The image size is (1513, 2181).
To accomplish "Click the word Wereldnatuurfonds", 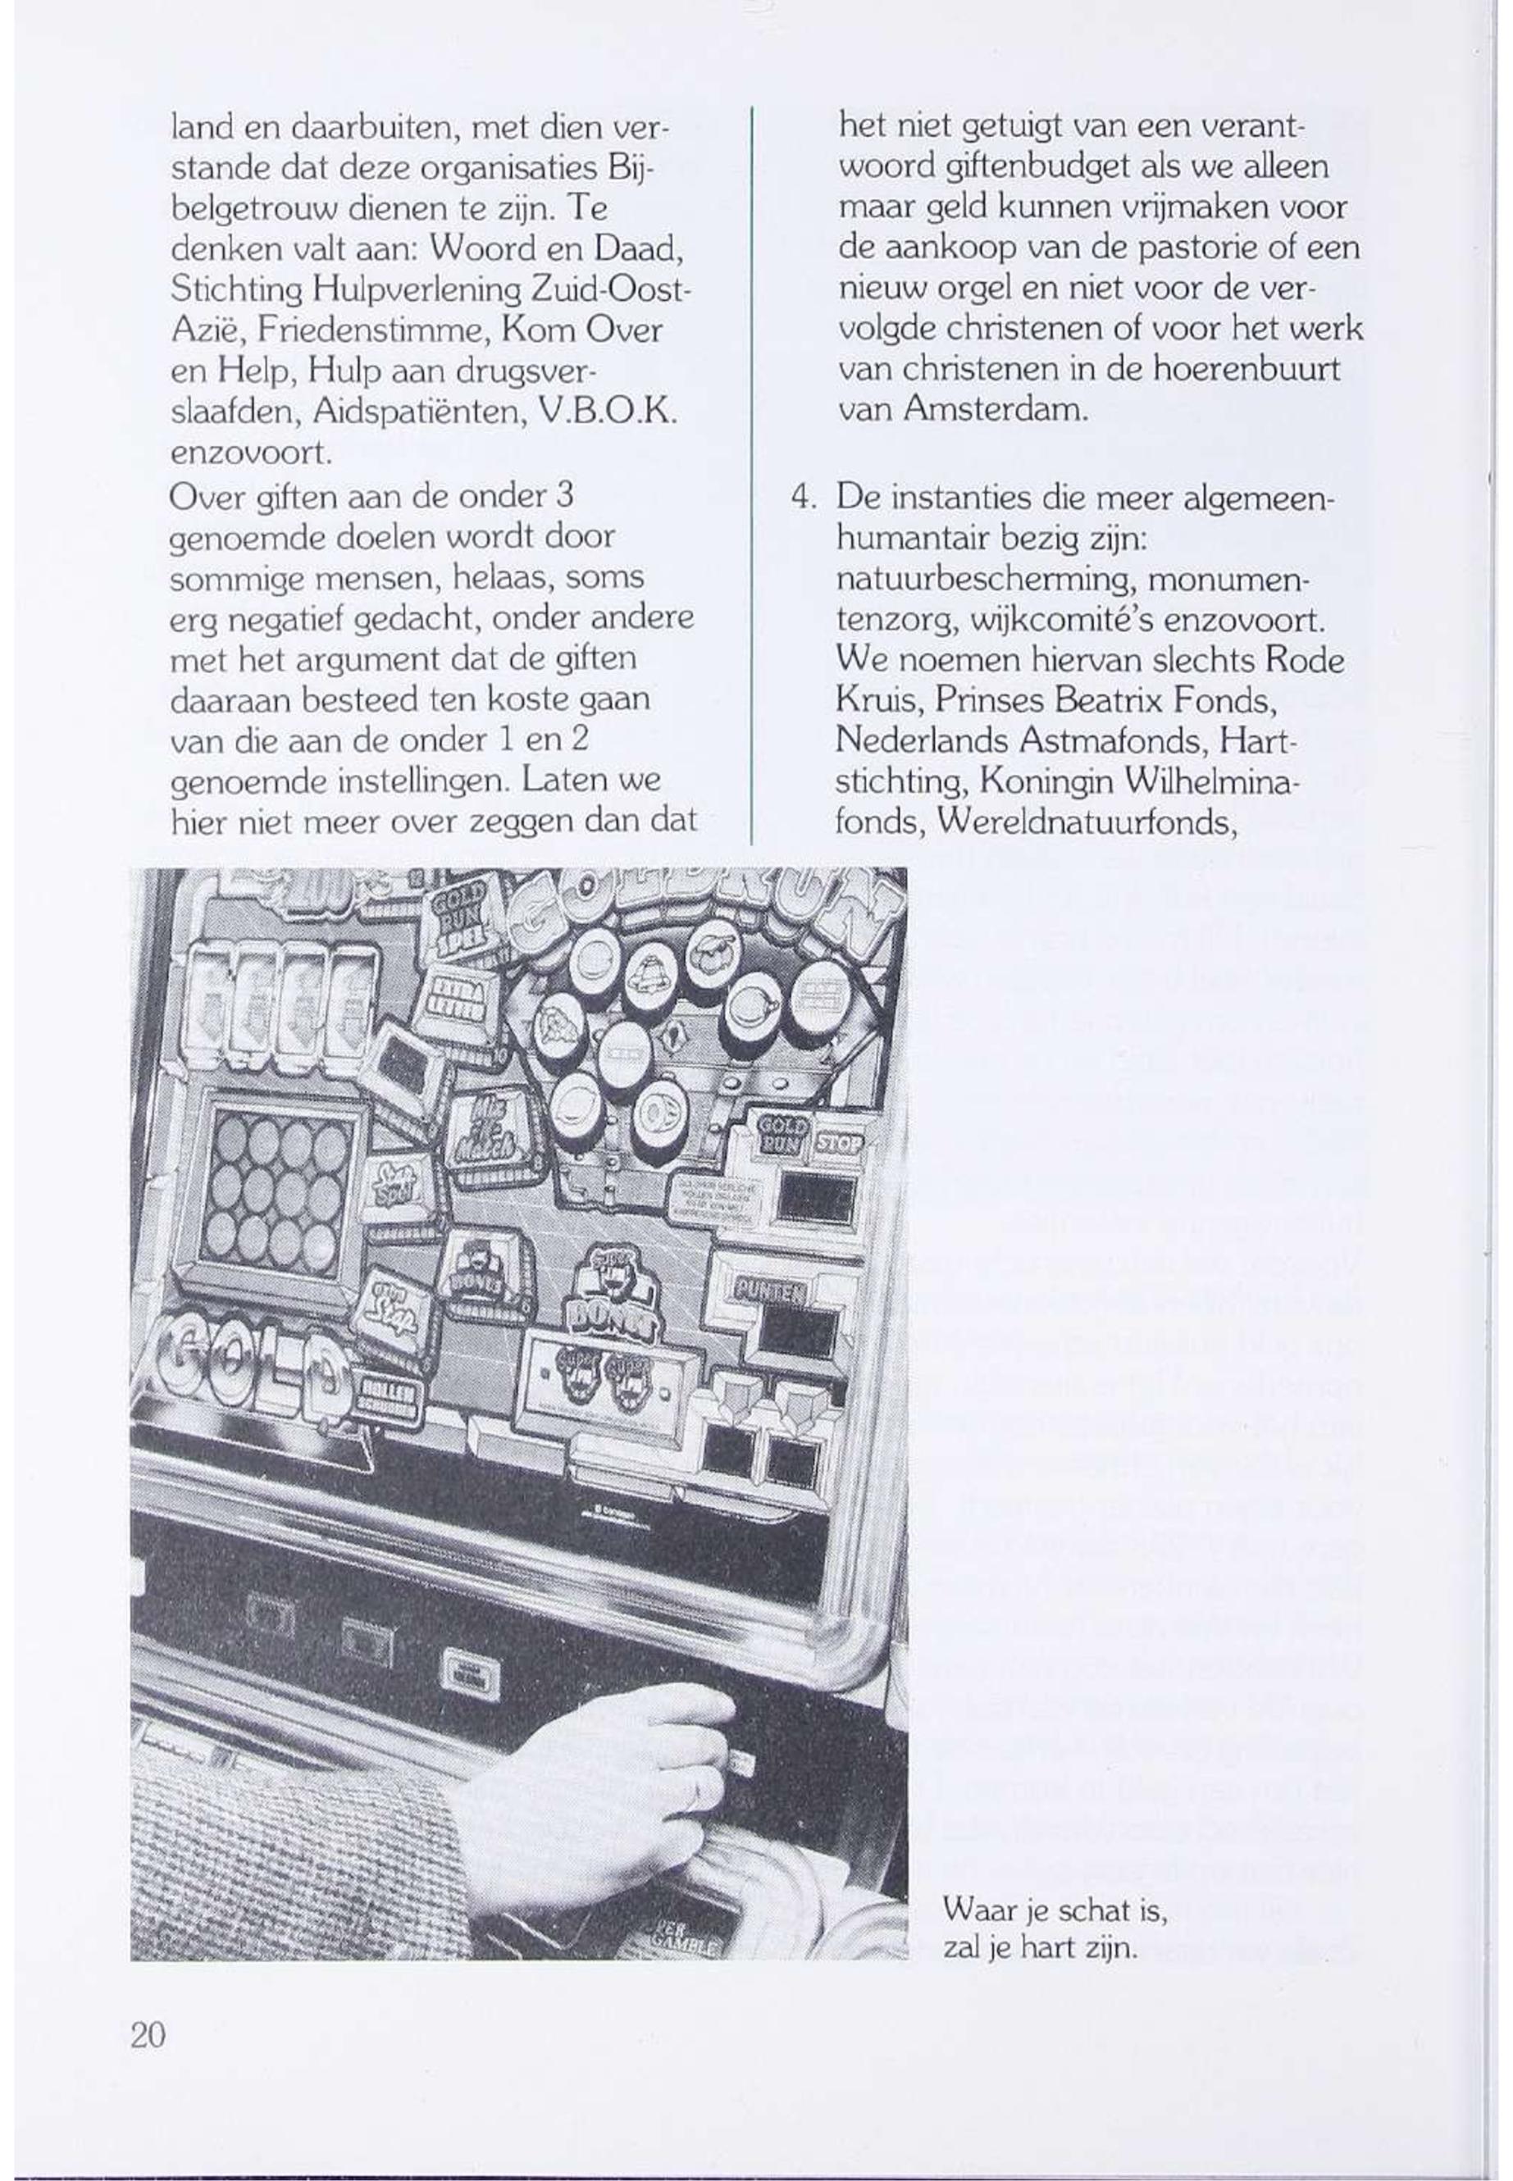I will [1087, 822].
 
